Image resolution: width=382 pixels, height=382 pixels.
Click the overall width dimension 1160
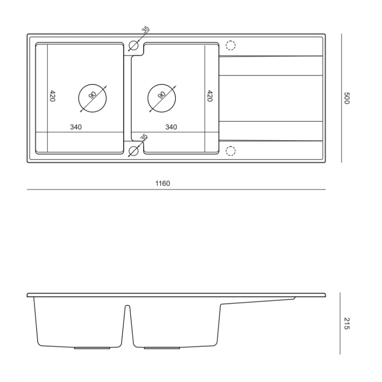[162, 183]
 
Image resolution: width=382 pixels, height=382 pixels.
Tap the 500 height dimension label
[347, 98]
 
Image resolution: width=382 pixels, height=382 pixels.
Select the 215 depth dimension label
[347, 323]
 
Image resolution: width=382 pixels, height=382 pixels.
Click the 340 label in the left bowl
[76, 127]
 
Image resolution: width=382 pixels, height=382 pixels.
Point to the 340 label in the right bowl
[171, 127]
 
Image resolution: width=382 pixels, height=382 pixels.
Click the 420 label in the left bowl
[52, 96]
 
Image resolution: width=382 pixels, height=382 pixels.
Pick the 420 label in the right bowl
[210, 96]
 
